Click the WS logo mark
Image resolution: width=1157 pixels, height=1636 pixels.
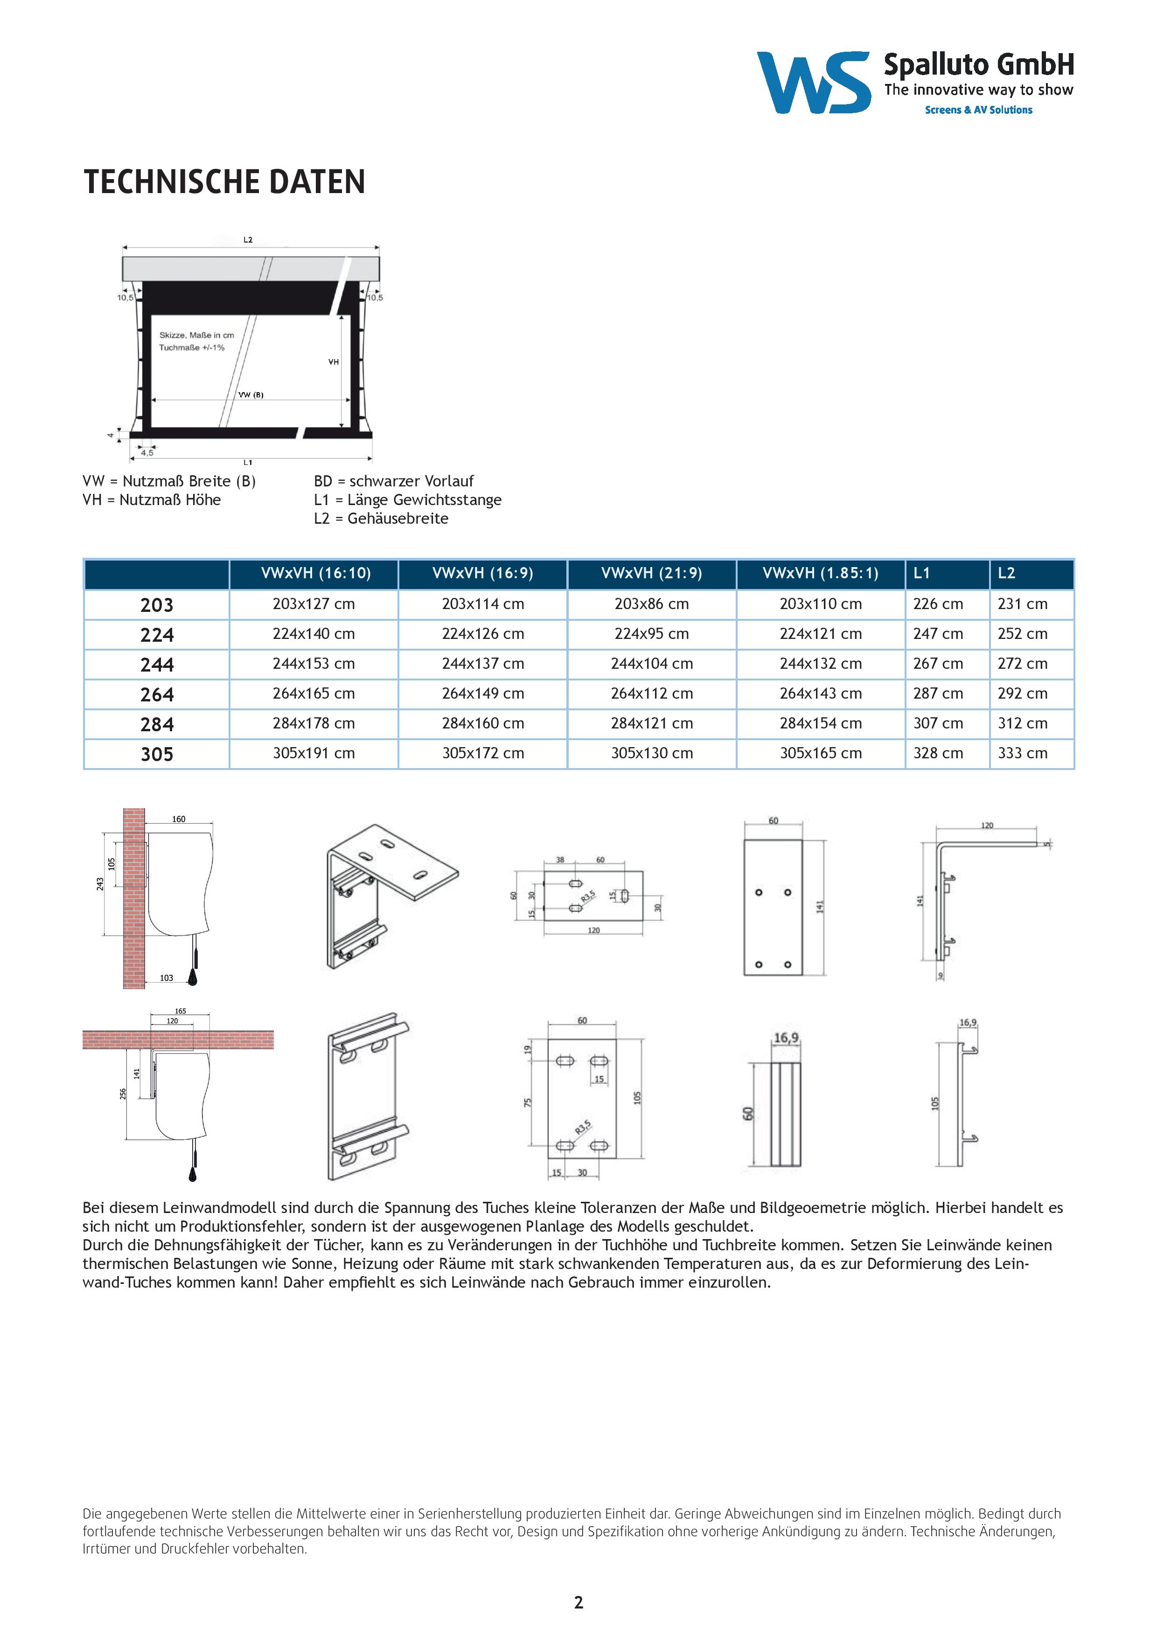(813, 82)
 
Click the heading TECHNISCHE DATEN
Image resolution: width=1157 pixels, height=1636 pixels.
(224, 182)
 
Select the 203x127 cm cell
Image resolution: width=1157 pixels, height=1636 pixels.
(313, 604)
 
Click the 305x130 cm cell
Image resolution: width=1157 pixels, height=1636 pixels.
(652, 753)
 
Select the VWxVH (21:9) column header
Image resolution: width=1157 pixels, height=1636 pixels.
(652, 573)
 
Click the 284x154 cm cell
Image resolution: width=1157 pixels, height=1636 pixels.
(821, 723)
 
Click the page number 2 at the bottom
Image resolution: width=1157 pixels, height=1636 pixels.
(578, 1602)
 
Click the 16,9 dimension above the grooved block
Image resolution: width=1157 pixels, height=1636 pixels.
(786, 1038)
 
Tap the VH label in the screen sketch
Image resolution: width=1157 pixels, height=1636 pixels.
(333, 362)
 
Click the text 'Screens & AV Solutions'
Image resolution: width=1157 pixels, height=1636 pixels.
(978, 110)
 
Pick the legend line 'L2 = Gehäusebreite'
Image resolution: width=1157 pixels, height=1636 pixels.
(381, 519)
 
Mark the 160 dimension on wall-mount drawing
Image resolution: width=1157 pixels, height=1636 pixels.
(178, 819)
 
